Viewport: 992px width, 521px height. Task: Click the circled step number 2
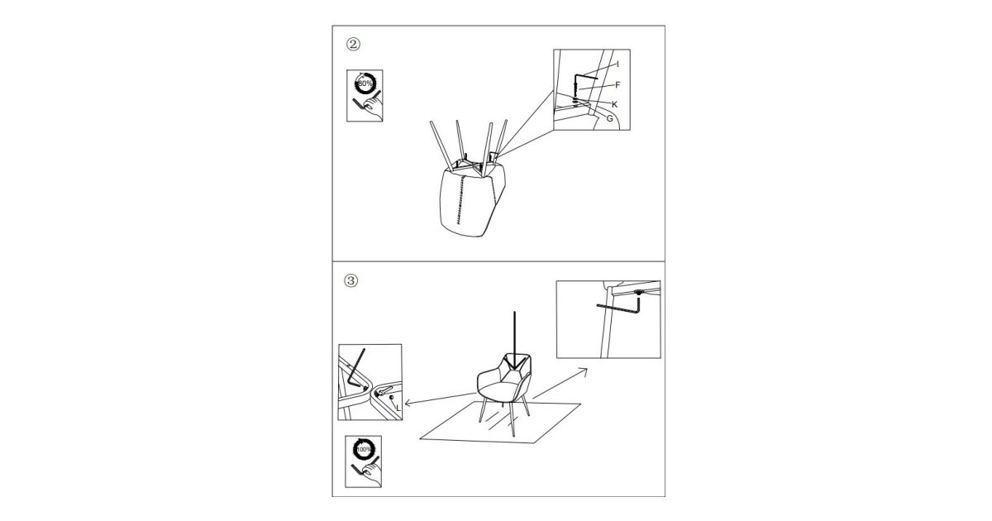coord(353,45)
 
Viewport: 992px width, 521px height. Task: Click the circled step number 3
coord(351,280)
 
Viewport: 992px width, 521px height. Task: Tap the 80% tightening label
coord(365,84)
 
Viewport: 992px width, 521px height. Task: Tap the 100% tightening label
coord(364,449)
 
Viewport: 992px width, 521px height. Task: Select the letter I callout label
coord(618,65)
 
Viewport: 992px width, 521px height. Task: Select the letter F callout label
coord(618,84)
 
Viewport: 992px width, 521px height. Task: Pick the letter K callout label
coord(615,104)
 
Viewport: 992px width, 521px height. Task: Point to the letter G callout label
coord(610,119)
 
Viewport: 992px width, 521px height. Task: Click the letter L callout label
coord(398,408)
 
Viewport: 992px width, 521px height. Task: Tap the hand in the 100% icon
coord(372,476)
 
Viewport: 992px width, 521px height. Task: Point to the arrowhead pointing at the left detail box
coord(408,403)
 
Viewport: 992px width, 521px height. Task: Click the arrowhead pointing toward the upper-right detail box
coord(584,371)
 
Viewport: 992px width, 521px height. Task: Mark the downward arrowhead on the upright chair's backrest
coord(514,364)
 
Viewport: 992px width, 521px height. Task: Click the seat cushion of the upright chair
coord(499,390)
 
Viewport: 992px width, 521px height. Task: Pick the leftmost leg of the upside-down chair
coord(441,146)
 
